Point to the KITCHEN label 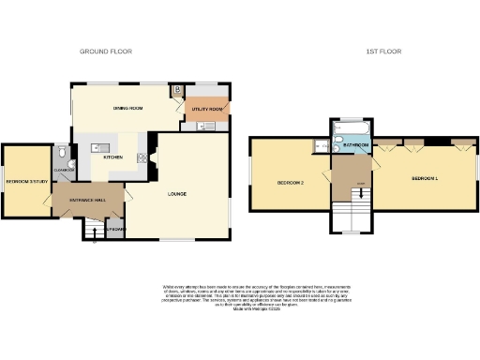coord(112,157)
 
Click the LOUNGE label coord(176,194)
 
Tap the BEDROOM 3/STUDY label coord(26,181)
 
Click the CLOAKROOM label coord(63,169)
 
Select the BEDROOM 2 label coord(288,182)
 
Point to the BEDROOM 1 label coord(425,178)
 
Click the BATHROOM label coord(353,146)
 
